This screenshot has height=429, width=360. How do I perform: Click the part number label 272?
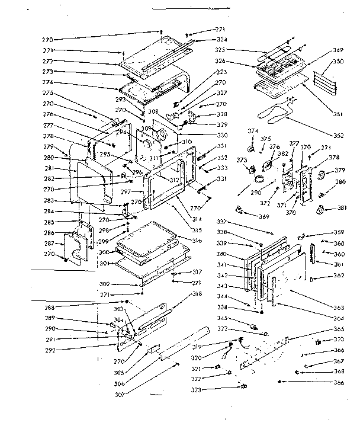point(47,61)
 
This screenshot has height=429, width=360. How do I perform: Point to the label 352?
point(338,136)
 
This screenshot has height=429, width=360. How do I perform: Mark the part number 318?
point(197,294)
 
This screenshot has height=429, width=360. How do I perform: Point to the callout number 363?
point(339,308)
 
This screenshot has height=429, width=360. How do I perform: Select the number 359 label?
point(339,232)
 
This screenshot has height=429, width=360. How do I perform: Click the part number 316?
point(197,240)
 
